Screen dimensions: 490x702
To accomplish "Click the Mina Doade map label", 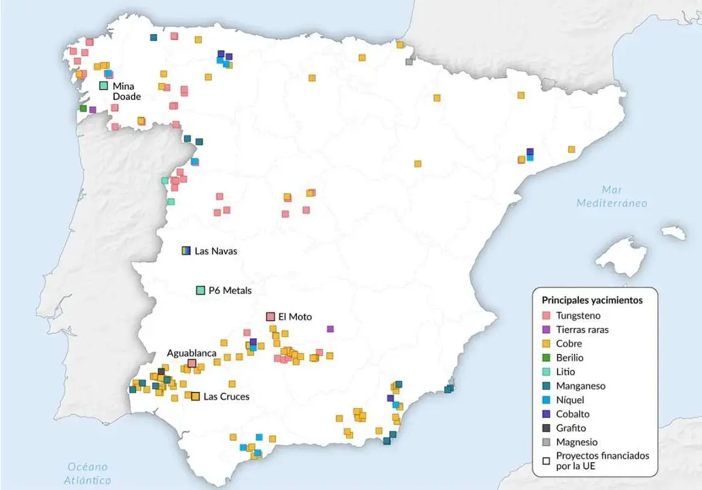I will [x=126, y=91].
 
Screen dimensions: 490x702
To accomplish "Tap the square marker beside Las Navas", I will [x=186, y=250].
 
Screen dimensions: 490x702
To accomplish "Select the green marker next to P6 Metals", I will [x=200, y=291].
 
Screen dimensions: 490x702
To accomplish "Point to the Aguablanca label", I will [x=192, y=353].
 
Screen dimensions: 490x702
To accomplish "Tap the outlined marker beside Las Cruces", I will [x=196, y=396].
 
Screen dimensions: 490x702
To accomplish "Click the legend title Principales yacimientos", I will [x=591, y=299].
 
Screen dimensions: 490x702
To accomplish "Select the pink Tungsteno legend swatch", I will [x=546, y=316].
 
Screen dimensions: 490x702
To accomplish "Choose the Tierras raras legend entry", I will [x=582, y=330].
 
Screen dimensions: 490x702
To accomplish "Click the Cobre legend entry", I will [x=569, y=344].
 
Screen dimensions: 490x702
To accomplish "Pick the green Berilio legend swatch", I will [x=546, y=358].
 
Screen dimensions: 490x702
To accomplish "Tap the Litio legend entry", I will [x=565, y=372].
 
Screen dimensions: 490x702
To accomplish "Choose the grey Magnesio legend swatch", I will [x=546, y=442].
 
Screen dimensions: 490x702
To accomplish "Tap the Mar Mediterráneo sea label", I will [x=612, y=196].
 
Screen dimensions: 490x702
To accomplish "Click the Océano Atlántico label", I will [x=89, y=473].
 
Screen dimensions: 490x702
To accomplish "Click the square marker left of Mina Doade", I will [x=103, y=86].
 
